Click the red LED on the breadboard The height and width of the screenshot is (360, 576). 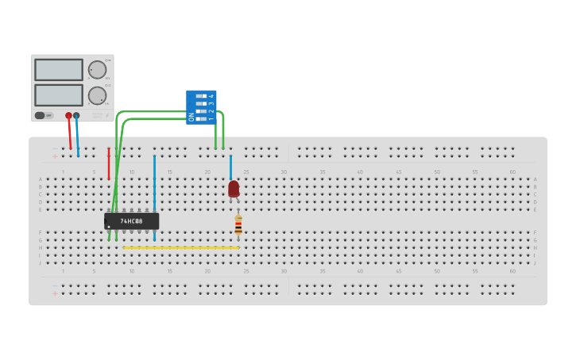[x=234, y=188]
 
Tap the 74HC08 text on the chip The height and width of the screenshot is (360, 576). [x=131, y=221]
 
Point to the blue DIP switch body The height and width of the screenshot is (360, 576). [x=200, y=106]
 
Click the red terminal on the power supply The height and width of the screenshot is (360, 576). [x=68, y=116]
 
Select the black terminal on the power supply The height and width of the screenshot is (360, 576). [x=76, y=116]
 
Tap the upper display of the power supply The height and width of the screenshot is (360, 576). [x=58, y=70]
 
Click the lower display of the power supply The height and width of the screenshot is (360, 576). [x=58, y=95]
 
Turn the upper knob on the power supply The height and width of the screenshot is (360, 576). [x=97, y=70]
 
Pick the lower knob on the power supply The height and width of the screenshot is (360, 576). [x=97, y=95]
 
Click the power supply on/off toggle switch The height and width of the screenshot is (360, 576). [x=40, y=115]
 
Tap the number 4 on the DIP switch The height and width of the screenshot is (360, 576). [x=211, y=95]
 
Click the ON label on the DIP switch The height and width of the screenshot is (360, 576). [x=191, y=117]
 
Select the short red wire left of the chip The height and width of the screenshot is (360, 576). [x=109, y=163]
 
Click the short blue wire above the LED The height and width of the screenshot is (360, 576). [x=230, y=167]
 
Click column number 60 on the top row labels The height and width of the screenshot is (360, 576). [x=512, y=172]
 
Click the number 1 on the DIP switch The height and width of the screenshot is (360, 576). [x=211, y=119]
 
